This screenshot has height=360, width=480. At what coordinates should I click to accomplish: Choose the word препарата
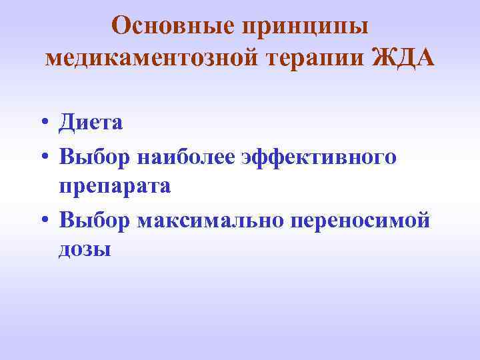[115, 188]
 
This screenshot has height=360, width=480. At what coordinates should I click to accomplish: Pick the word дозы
[85, 252]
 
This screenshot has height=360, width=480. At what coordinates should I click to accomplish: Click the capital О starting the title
[121, 26]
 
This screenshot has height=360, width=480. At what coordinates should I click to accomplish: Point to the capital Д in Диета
[67, 123]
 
